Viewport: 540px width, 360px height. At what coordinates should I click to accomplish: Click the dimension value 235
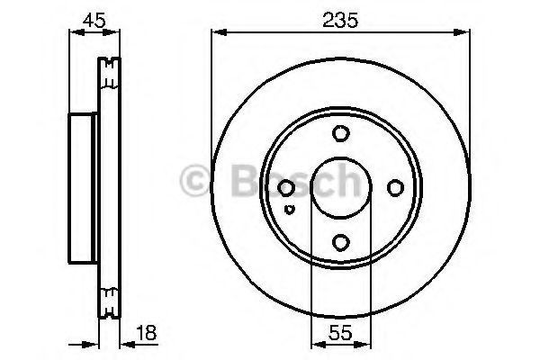click(x=340, y=19)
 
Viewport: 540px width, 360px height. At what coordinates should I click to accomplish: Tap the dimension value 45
click(x=92, y=19)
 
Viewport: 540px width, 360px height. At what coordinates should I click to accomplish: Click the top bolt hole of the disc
click(x=339, y=135)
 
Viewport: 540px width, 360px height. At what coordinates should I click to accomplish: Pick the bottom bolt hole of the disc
click(x=339, y=240)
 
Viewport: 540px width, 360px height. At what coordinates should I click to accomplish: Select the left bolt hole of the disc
click(x=286, y=188)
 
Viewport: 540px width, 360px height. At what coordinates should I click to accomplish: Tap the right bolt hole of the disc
click(x=393, y=188)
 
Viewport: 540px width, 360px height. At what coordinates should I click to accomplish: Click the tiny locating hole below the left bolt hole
click(x=288, y=209)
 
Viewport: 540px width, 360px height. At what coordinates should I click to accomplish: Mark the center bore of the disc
click(x=339, y=188)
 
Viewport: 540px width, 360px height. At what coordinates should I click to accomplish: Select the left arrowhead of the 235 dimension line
click(x=217, y=33)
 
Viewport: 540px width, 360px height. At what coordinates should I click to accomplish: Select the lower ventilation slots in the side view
click(x=110, y=303)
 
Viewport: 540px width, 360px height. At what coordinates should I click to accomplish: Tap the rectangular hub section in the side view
click(x=82, y=187)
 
